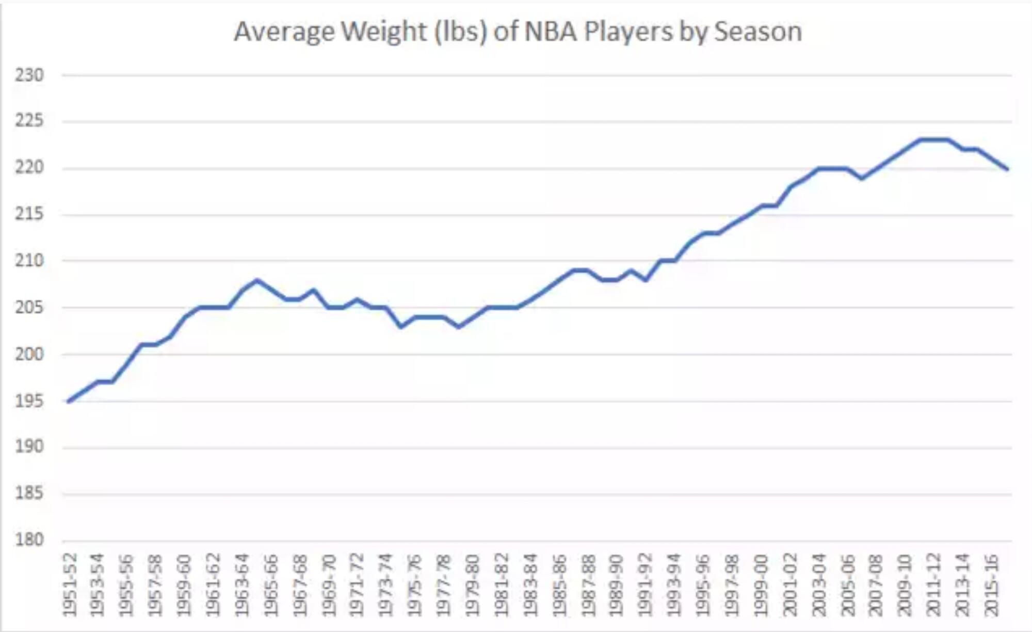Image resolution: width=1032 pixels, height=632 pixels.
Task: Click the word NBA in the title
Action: pyautogui.click(x=551, y=32)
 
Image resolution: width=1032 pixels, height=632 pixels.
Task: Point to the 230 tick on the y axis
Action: pyautogui.click(x=29, y=75)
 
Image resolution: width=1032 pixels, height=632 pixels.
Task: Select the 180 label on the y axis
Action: pyautogui.click(x=29, y=540)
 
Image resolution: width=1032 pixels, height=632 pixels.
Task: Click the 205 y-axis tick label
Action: pyautogui.click(x=29, y=308)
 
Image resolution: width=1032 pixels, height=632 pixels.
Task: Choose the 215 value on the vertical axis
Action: pyautogui.click(x=29, y=214)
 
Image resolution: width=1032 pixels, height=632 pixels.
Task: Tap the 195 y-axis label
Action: pyautogui.click(x=29, y=401)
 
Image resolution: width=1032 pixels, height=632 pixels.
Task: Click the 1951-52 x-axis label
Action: pyautogui.click(x=70, y=585)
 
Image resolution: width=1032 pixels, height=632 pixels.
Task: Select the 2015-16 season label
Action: pyautogui.click(x=992, y=585)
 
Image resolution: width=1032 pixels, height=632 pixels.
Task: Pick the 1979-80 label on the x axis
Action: pyautogui.click(x=473, y=585)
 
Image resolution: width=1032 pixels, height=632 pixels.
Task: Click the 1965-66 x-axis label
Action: pyautogui.click(x=271, y=585)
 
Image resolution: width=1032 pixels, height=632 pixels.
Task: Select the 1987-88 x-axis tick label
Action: pyautogui.click(x=588, y=585)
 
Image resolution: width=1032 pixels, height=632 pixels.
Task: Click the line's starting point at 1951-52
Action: pyautogui.click(x=69, y=401)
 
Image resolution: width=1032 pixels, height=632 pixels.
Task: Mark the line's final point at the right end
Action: pyautogui.click(x=1007, y=169)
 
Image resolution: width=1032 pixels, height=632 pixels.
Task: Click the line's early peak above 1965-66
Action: pyautogui.click(x=257, y=280)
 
